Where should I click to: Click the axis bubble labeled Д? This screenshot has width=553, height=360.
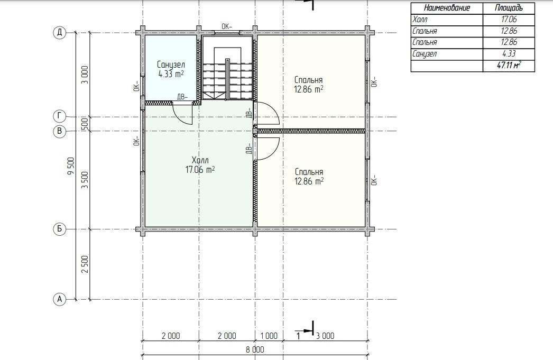click(60, 33)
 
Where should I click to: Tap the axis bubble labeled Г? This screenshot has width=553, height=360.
click(60, 116)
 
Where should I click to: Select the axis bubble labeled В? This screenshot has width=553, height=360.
click(60, 132)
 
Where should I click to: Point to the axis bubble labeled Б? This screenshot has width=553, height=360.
click(60, 229)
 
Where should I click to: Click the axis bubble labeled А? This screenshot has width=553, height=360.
click(60, 299)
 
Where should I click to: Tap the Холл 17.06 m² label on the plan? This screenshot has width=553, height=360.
click(200, 164)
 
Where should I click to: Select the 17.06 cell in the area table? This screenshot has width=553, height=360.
click(509, 20)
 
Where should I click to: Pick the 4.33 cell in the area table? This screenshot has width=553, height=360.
click(509, 53)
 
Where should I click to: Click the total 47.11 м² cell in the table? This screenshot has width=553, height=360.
click(509, 65)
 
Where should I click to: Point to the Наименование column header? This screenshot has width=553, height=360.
click(447, 8)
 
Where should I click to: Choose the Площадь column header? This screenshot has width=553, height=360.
click(509, 8)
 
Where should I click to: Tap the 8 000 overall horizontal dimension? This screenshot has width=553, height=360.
click(255, 350)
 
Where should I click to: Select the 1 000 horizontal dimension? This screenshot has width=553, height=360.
click(269, 336)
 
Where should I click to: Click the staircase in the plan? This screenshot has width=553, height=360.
click(227, 73)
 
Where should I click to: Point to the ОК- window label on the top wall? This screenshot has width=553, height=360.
click(227, 26)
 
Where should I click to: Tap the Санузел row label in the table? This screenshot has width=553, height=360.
click(425, 54)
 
